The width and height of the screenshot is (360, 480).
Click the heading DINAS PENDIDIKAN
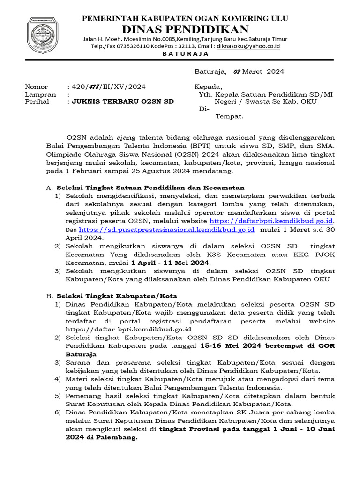click(185, 29)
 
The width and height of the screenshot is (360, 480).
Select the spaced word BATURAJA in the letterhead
click(185, 54)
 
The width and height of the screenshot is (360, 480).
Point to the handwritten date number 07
click(236, 72)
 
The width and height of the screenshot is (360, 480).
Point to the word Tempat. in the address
click(229, 116)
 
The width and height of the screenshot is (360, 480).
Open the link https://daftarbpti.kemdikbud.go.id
click(271, 220)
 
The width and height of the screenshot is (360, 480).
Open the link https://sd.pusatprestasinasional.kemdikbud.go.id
click(166, 229)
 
